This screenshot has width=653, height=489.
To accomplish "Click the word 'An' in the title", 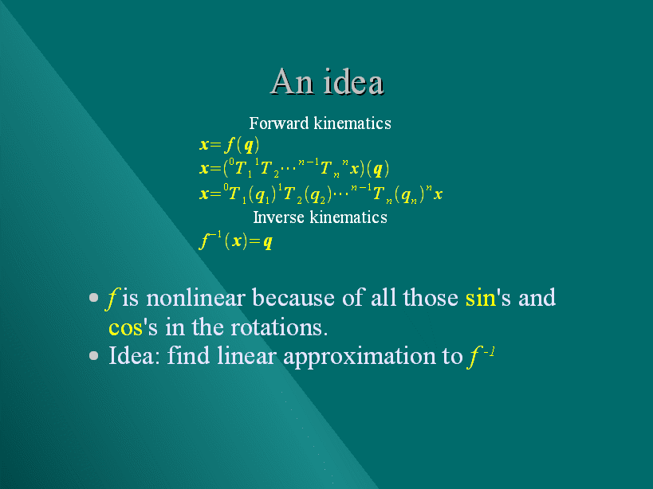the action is pos(292,81).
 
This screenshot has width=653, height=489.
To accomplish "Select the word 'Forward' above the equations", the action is pos(279,123).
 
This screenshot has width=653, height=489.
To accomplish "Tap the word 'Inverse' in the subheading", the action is pos(278,217).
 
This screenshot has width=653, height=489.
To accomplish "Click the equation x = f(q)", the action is pos(230,145).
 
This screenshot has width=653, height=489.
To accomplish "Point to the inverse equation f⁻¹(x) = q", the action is pos(236,241).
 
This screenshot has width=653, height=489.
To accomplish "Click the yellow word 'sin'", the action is pos(481,298).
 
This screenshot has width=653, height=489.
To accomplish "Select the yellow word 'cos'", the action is pos(126,327).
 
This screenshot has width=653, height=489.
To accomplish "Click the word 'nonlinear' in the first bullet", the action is pos(195,298).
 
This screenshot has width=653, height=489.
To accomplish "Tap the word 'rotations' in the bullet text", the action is pos(279,327).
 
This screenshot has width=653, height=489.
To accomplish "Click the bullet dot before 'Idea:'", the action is pos(94,355).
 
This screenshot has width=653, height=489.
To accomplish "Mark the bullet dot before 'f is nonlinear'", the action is pos(94,297).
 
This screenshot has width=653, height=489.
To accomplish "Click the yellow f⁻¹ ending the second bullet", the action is pos(481,357).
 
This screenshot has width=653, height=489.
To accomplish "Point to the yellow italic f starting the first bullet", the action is pos(111,299).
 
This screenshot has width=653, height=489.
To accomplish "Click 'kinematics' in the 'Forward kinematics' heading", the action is pos(352,123).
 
